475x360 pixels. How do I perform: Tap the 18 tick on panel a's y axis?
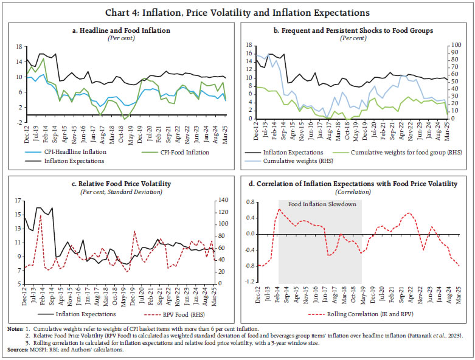point(19,46)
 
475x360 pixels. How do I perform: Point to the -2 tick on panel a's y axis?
point(19,123)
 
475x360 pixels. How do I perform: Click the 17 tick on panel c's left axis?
point(19,201)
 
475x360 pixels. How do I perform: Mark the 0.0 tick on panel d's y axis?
point(251,234)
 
